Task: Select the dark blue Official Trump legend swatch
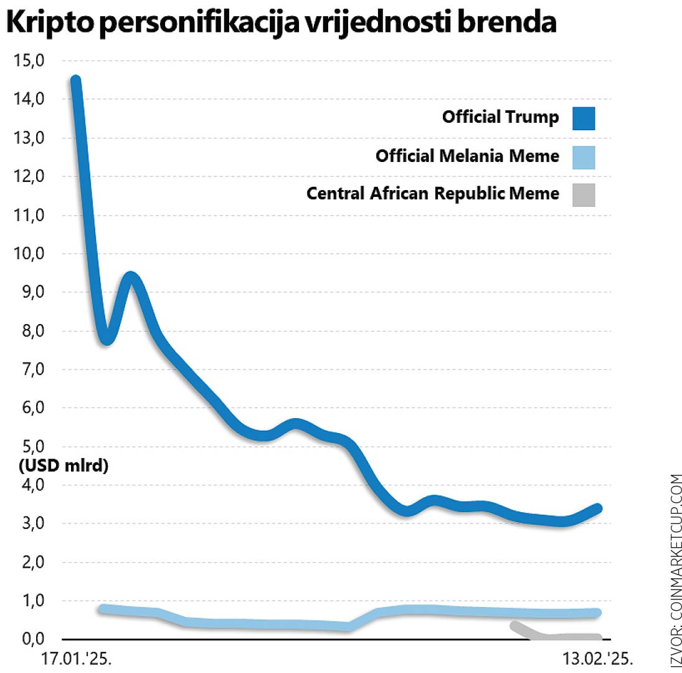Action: click(x=584, y=118)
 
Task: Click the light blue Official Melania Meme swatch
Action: click(x=584, y=157)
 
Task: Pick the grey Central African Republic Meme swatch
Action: click(x=584, y=194)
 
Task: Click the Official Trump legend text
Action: click(x=501, y=117)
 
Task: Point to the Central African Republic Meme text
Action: click(x=433, y=194)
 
